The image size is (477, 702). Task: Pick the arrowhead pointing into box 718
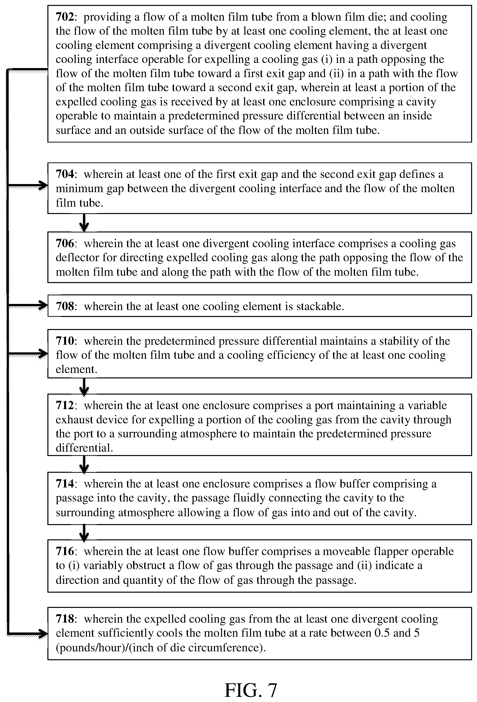(x=43, y=633)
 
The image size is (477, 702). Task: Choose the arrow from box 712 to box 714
(x=84, y=464)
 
